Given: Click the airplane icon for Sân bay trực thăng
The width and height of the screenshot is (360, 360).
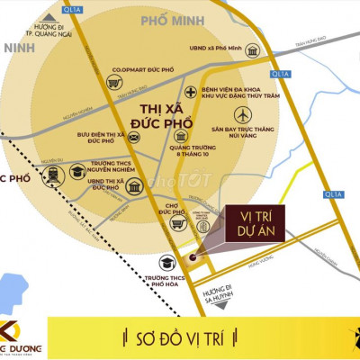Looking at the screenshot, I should [x=242, y=115].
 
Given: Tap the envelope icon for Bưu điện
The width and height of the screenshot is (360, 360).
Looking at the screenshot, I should [x=133, y=138].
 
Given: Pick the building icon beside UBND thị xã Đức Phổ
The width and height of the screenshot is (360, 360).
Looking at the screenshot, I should [x=134, y=186].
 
